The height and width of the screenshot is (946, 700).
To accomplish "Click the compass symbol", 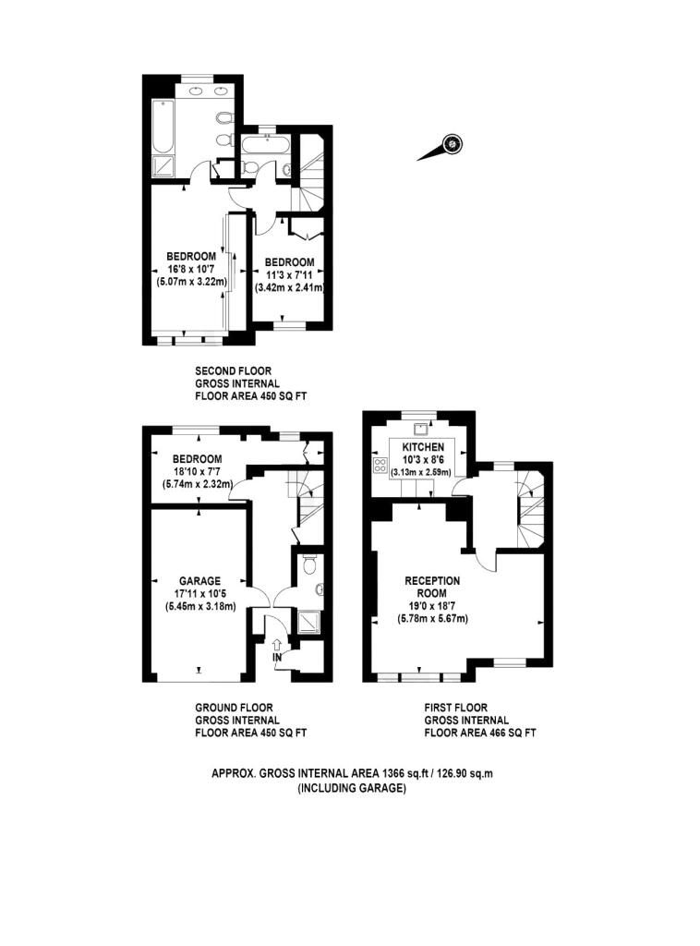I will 451,143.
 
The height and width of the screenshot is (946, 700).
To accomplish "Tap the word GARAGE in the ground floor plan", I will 199,581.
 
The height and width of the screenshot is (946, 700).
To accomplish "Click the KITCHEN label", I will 424,446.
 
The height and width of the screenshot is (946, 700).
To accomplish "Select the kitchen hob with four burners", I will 380,464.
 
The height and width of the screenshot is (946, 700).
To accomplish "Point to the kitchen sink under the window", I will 421,427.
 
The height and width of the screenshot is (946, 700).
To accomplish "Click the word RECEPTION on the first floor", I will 432,581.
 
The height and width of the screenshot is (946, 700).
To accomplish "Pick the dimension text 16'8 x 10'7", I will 191,269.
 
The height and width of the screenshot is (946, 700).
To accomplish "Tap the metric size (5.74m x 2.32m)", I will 196,484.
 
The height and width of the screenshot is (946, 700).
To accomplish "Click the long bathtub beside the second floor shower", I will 163,127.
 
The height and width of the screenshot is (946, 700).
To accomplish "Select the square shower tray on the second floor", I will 163,167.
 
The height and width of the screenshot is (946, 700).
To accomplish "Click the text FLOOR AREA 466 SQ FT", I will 480,733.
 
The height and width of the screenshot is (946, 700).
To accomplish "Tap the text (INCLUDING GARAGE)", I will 351,788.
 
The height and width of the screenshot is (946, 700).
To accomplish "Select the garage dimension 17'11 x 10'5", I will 199,594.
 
